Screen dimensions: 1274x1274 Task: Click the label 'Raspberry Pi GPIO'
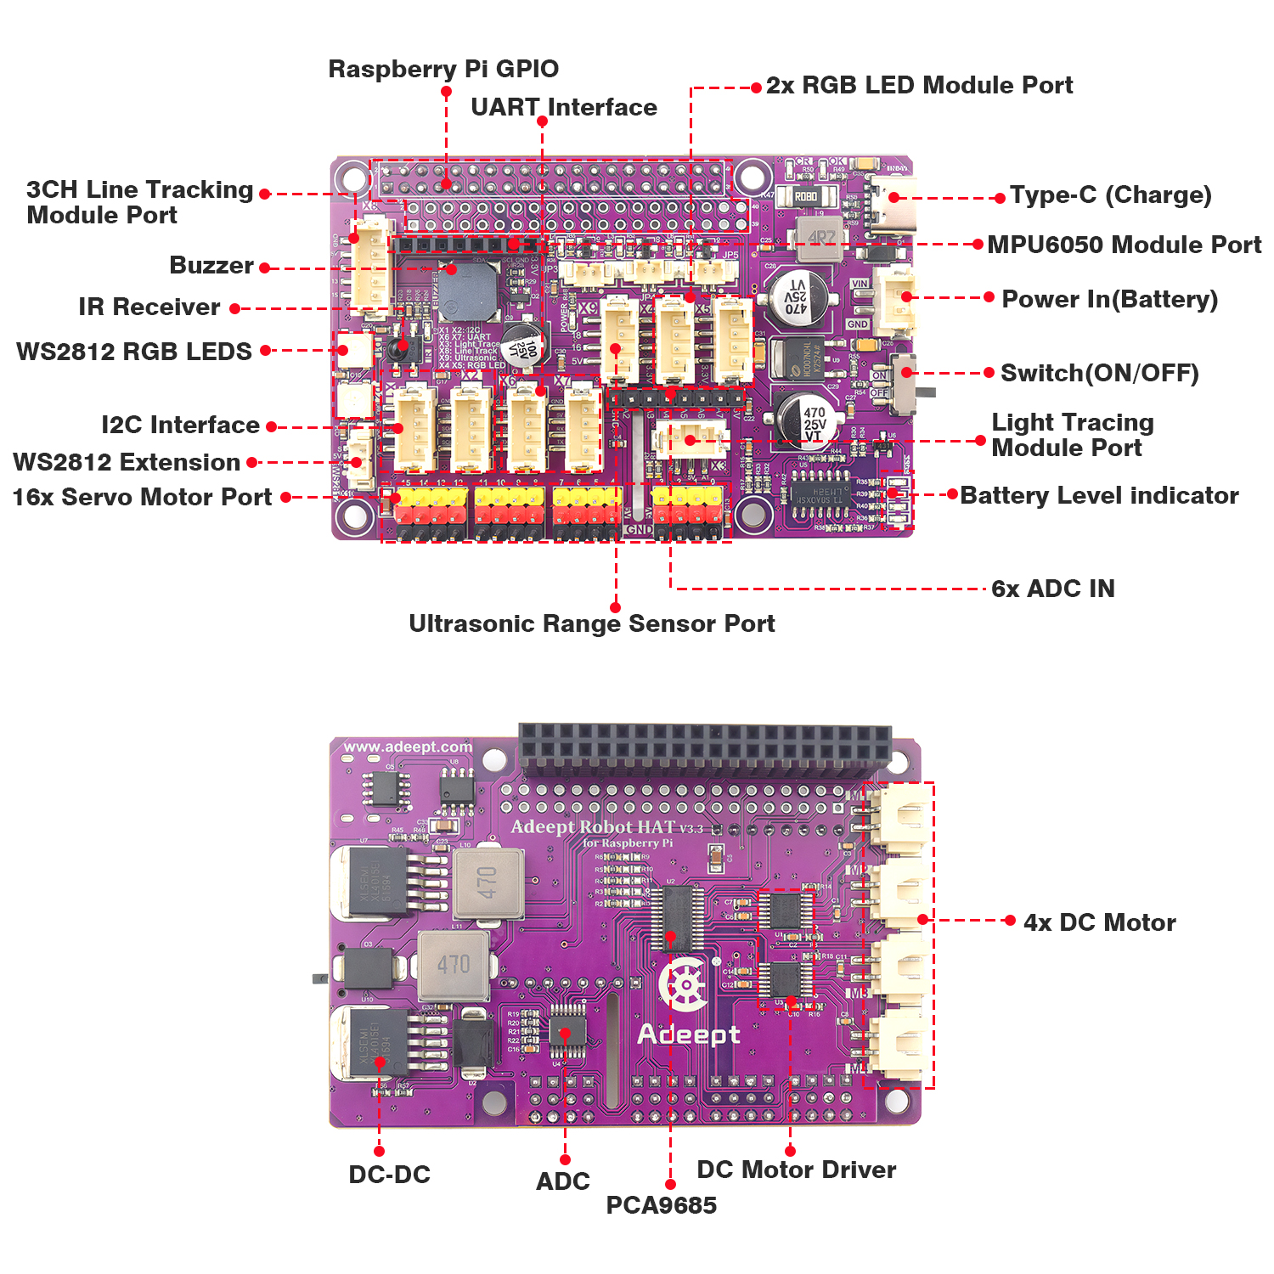point(443,69)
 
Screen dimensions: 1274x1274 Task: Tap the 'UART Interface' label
point(564,107)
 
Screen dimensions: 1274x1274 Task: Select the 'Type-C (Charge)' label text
point(1110,194)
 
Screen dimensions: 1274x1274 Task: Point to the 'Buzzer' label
point(211,265)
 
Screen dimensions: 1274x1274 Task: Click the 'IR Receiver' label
point(149,307)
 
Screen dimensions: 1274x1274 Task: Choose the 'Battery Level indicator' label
point(1099,495)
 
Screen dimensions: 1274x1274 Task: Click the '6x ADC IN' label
point(1053,589)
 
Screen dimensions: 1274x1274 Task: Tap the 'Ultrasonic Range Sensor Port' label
point(592,623)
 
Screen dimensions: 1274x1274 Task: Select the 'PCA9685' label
point(661,1205)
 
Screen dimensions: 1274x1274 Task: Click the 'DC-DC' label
point(389,1175)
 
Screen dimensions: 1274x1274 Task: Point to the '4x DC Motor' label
point(1100,922)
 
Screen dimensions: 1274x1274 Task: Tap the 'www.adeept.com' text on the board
point(408,747)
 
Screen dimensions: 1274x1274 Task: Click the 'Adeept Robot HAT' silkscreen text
point(595,827)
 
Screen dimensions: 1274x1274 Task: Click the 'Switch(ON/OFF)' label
point(1100,373)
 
